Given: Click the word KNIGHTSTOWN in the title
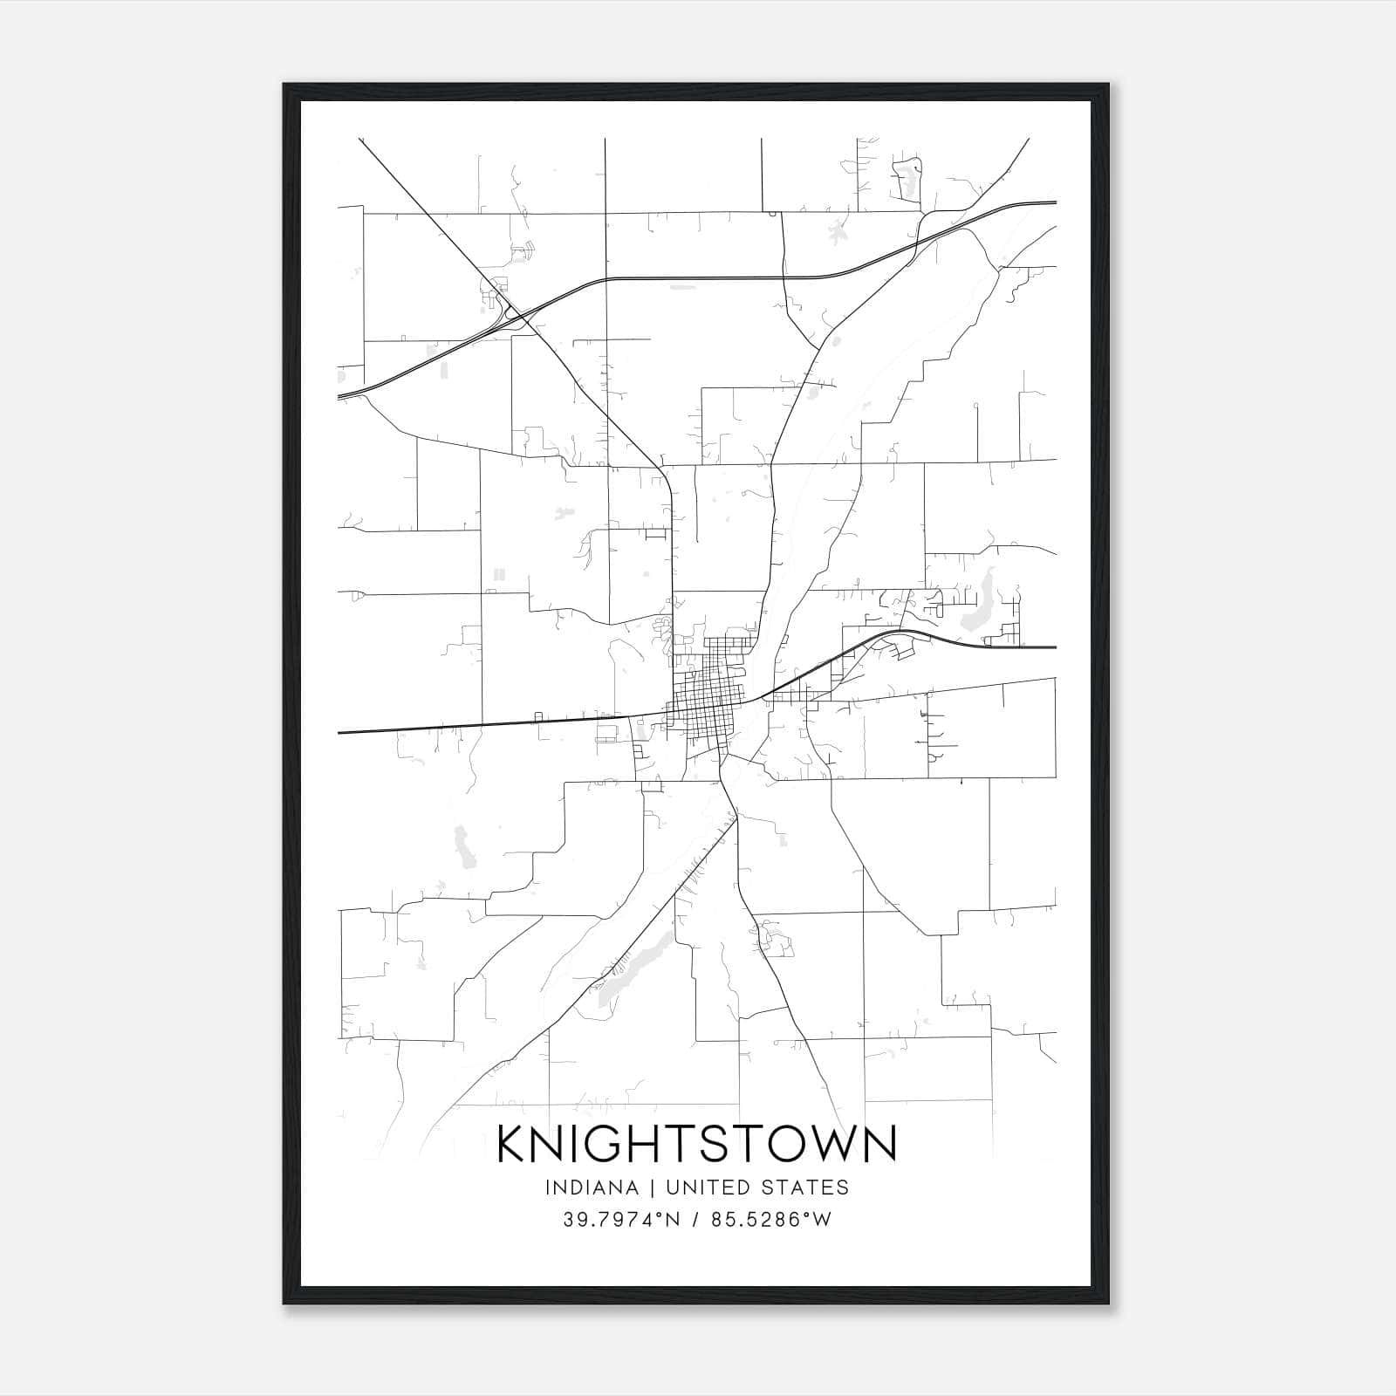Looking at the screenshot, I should tap(696, 1145).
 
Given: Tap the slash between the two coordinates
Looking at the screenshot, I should tap(695, 1220).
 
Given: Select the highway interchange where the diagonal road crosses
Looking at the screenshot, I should tap(515, 315).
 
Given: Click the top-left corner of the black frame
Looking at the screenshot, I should tap(285, 86).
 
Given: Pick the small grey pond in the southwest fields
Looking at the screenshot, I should tap(462, 846).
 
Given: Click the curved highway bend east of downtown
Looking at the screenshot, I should tap(907, 631).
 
